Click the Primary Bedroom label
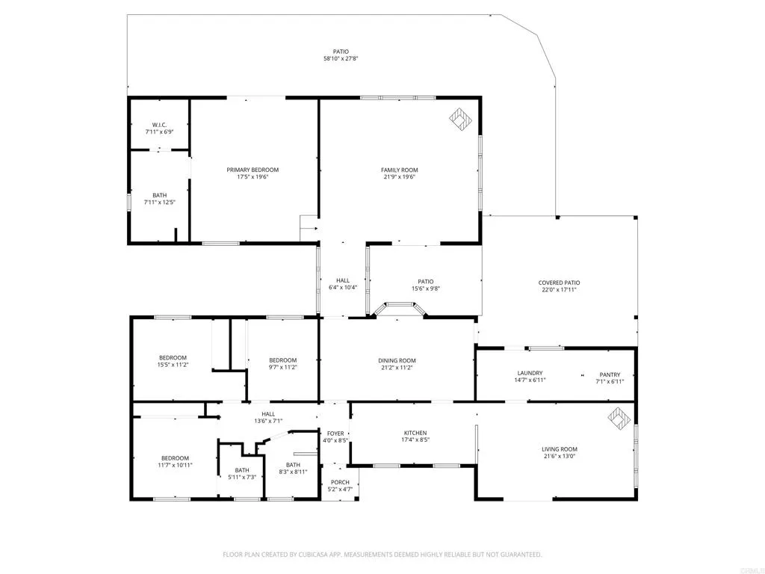point(253,170)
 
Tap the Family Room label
point(399,170)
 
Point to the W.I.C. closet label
point(158,125)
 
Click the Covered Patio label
point(559,283)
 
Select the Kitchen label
point(415,433)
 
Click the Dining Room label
point(397,360)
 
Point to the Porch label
point(340,482)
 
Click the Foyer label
point(335,433)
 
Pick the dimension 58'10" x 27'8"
point(341,58)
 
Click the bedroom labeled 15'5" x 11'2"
point(172,365)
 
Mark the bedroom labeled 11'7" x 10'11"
point(175,465)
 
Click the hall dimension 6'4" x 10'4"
point(342,288)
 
